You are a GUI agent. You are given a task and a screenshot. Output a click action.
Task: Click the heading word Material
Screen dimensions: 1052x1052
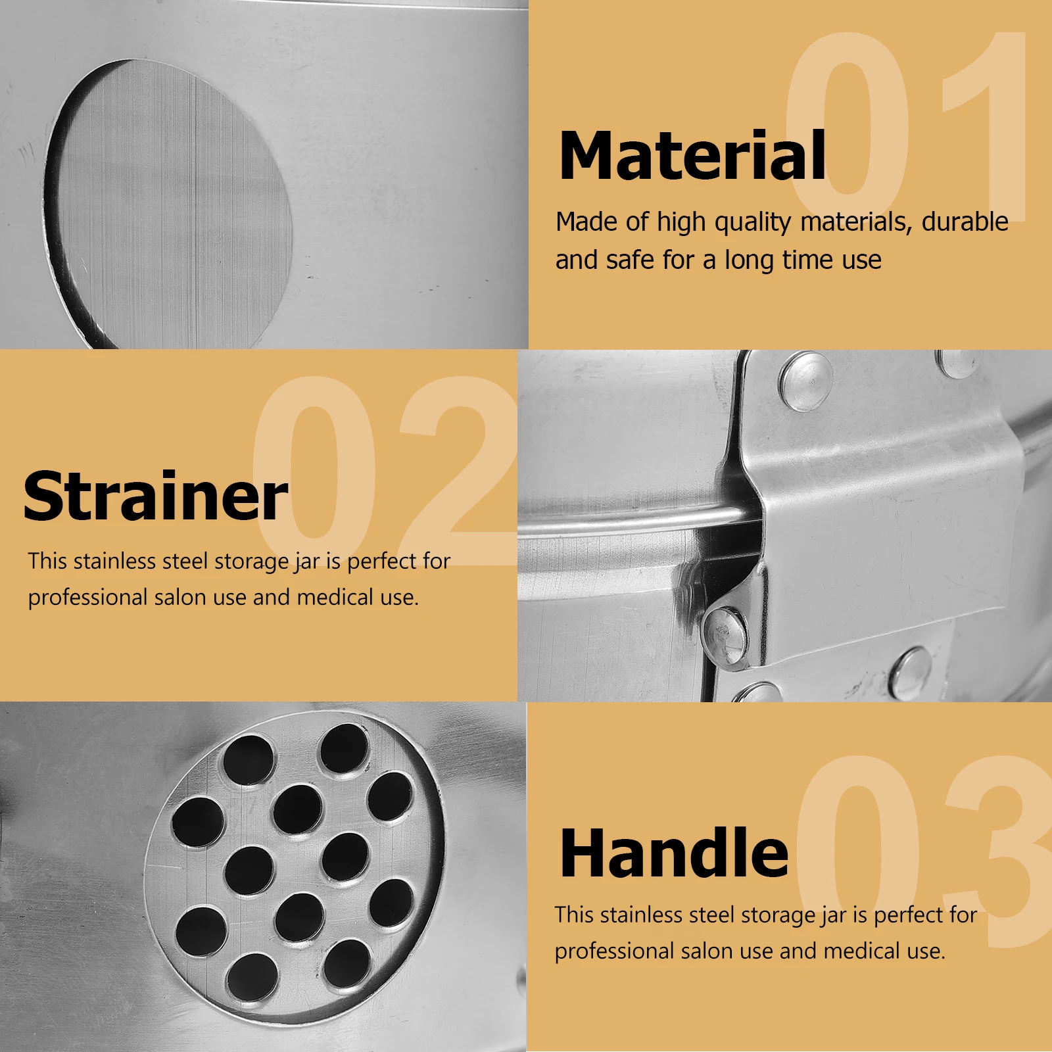coord(692,156)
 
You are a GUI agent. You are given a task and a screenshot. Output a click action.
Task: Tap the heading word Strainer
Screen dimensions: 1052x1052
coord(155,496)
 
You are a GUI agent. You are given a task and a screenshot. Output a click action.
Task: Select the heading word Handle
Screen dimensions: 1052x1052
coord(674,853)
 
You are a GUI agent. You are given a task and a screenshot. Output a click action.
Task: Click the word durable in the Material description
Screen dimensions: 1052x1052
coord(965,222)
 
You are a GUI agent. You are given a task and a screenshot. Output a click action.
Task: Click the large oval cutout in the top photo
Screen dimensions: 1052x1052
coord(168,204)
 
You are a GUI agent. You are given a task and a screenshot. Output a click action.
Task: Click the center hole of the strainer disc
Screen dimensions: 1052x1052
coord(297,809)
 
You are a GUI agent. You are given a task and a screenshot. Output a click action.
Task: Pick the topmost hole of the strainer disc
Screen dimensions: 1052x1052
coord(343,748)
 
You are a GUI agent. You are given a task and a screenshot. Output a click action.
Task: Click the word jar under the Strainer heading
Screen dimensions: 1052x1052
coord(307,562)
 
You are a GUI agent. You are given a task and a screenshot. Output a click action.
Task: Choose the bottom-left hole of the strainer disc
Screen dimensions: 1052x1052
coord(201,932)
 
